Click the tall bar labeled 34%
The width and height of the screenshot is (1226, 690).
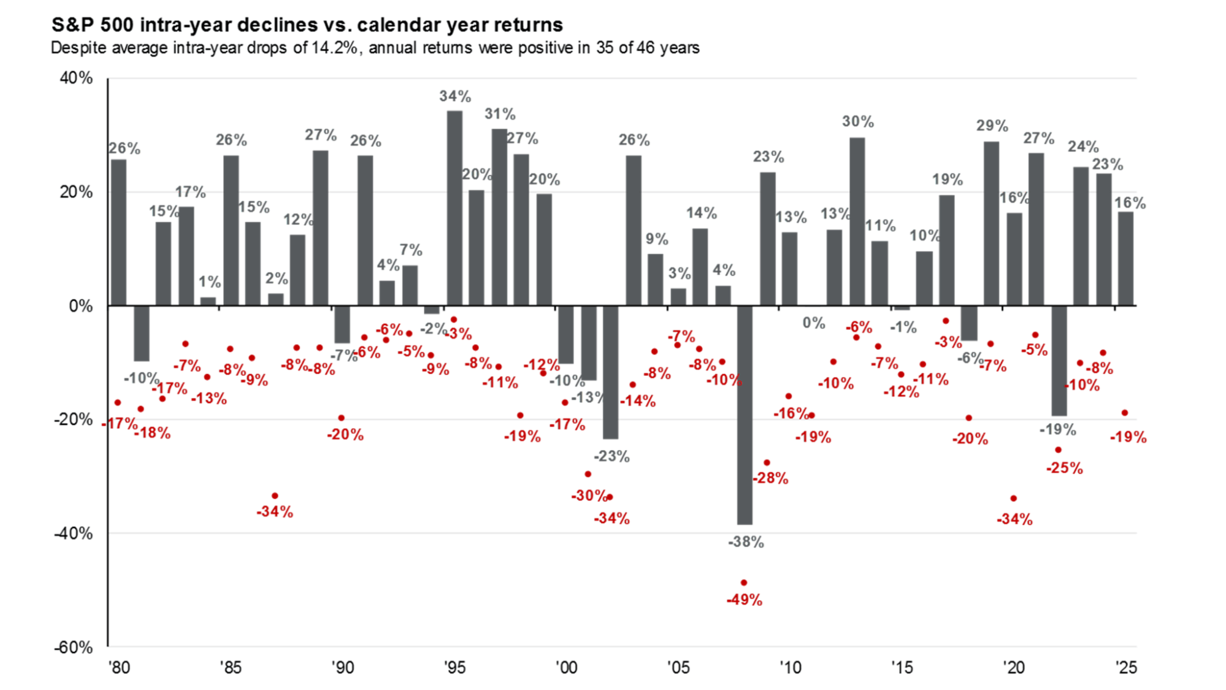pos(454,209)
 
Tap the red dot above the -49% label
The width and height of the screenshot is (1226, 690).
pos(744,583)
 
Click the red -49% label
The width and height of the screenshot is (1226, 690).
pos(744,600)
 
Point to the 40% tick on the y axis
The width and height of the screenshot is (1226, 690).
pos(76,78)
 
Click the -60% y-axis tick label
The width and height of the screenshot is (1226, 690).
pos(74,648)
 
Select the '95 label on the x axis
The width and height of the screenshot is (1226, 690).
pos(454,667)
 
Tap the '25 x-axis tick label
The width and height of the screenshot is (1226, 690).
pos(1126,667)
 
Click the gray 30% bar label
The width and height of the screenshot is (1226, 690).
pos(857,121)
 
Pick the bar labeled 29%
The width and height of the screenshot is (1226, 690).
pos(991,224)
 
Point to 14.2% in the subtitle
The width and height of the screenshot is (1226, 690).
pos(334,48)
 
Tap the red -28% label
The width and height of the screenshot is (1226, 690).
pos(770,478)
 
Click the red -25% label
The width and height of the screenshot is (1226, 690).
pos(1064,469)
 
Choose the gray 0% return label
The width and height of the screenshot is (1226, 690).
pos(814,323)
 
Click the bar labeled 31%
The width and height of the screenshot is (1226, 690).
pos(499,217)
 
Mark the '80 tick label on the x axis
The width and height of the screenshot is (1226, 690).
pos(119,667)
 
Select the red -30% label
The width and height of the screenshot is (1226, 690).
pos(589,496)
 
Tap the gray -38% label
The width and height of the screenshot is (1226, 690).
pos(746,542)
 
